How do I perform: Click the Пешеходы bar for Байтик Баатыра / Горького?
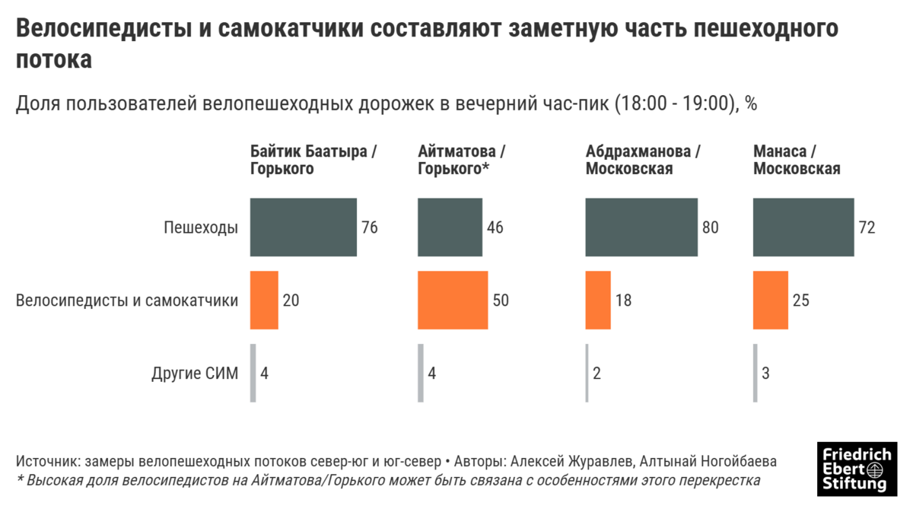coord(304,227)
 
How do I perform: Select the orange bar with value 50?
coord(453,300)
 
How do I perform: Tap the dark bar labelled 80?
coord(641,227)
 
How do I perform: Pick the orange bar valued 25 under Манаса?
coord(771,300)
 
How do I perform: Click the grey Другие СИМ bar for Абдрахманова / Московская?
coord(587,373)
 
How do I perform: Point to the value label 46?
coord(495,227)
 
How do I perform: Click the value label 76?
coord(370,227)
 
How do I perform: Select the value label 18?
coord(622,301)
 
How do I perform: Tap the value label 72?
coord(867,227)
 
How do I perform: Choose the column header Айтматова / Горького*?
coord(462,160)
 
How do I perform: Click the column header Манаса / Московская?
coord(797,160)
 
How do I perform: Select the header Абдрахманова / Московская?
coord(643,160)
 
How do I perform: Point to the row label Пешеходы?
coord(201,227)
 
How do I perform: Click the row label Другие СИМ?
coord(195,374)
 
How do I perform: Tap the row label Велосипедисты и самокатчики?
coord(127,301)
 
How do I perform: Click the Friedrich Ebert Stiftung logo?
coord(856,468)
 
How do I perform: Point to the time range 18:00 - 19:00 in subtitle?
coord(675,104)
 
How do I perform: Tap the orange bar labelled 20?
coord(264,300)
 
